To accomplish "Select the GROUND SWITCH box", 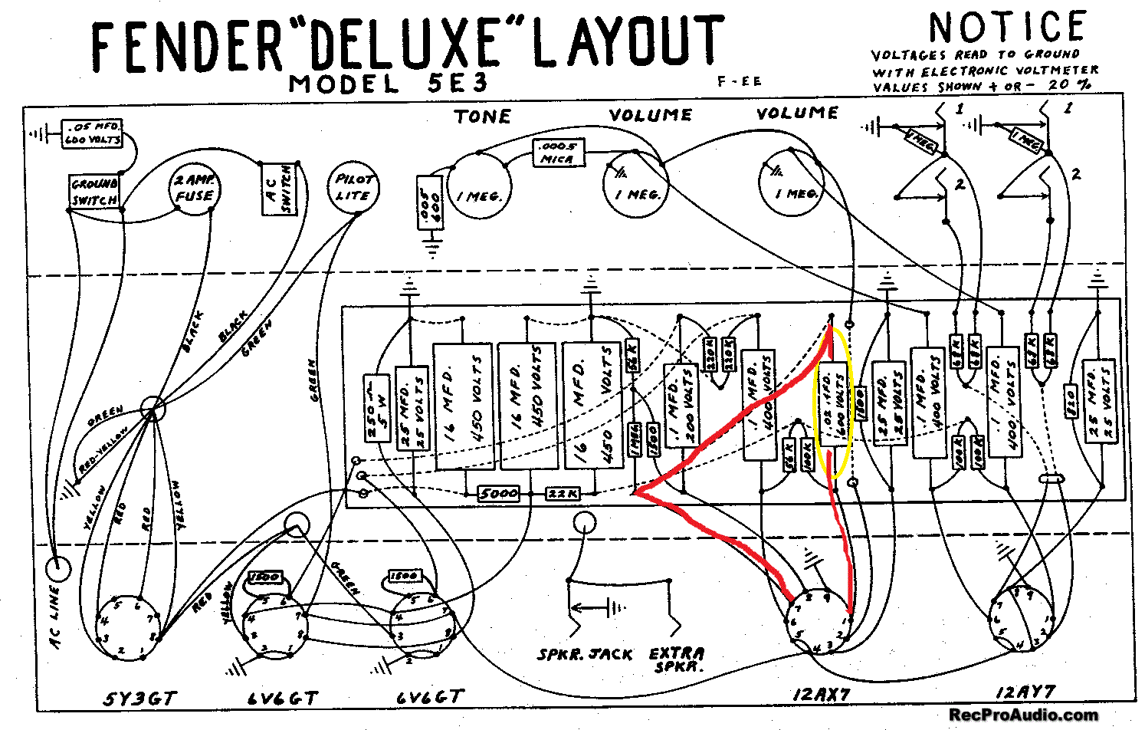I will pyautogui.click(x=94, y=192).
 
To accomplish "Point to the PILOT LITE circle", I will pyautogui.click(x=353, y=187).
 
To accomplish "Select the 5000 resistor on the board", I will pyautogui.click(x=498, y=493).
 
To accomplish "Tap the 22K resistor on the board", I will pyautogui.click(x=563, y=494).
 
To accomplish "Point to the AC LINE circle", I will pyautogui.click(x=57, y=569).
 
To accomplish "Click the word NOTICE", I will pyautogui.click(x=1007, y=28).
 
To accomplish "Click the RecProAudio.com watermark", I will pyautogui.click(x=1023, y=715).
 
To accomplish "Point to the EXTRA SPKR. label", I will pyautogui.click(x=677, y=659).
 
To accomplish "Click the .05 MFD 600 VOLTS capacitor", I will pyautogui.click(x=94, y=133).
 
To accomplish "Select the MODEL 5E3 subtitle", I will pyautogui.click(x=388, y=83).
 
